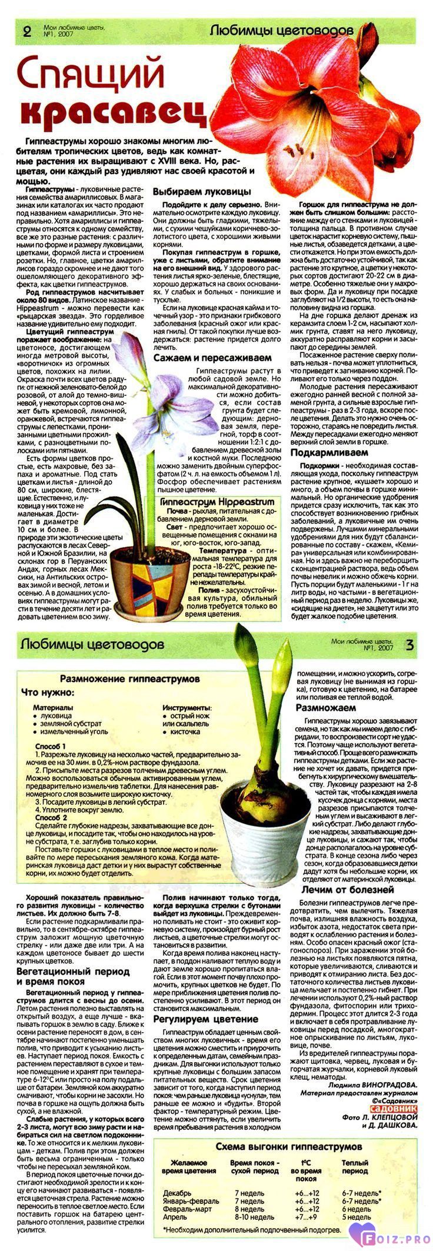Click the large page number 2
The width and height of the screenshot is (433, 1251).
click(x=25, y=32)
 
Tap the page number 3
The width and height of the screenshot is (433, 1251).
click(x=409, y=645)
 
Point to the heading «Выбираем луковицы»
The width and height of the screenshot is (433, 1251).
click(x=202, y=192)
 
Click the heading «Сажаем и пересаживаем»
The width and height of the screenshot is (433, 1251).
click(x=212, y=357)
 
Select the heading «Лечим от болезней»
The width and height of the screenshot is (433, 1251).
click(x=348, y=890)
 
